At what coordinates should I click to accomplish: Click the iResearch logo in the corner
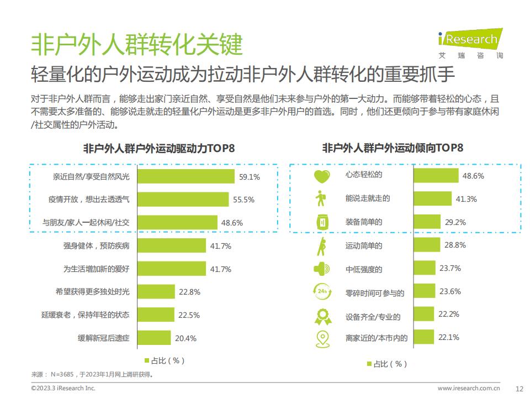(x=470, y=41)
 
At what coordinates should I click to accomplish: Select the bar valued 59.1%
(x=185, y=176)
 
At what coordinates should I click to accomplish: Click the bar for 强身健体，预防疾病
(x=171, y=245)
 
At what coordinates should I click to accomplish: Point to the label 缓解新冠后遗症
(x=104, y=338)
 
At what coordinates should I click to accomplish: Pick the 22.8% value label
(x=189, y=292)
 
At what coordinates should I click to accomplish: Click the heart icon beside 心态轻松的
(x=321, y=176)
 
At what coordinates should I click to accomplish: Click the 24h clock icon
(x=321, y=291)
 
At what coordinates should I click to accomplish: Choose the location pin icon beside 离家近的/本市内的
(x=321, y=337)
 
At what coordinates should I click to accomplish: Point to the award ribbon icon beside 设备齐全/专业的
(x=322, y=315)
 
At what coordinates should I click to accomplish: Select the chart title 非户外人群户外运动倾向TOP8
(x=392, y=148)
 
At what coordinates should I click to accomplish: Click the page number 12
(x=518, y=388)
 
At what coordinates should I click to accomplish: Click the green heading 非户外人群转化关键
(x=137, y=44)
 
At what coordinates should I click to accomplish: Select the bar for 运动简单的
(x=426, y=245)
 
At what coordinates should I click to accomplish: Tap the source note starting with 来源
(x=92, y=374)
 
